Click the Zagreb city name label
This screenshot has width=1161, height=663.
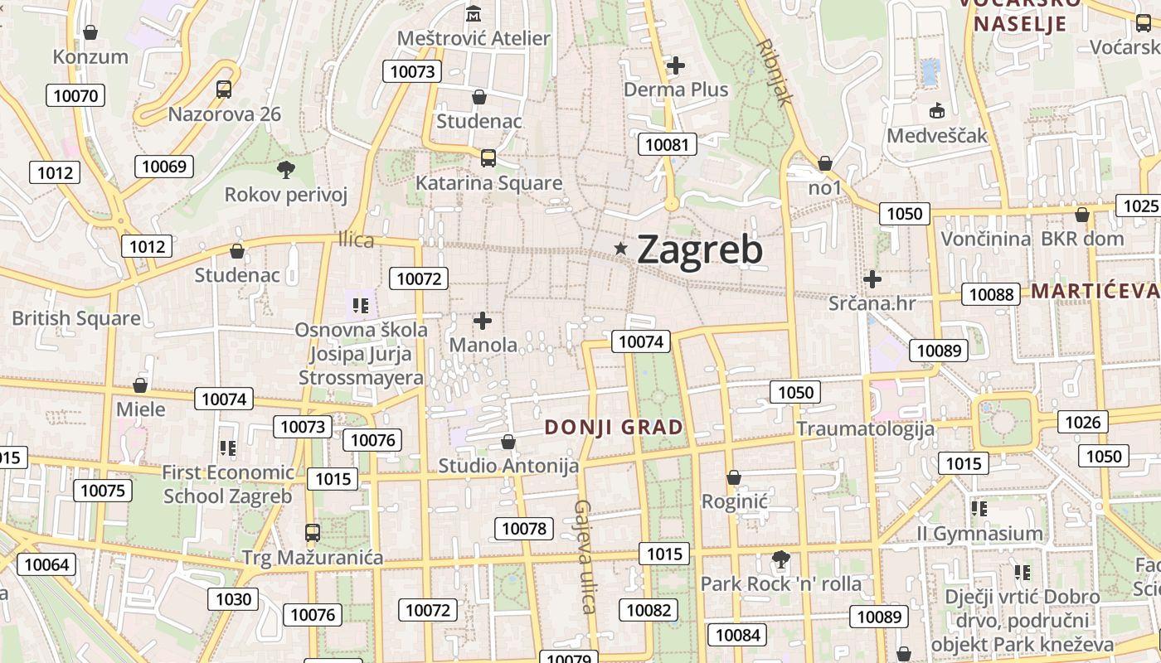pos(699,249)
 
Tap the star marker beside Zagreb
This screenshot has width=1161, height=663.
pos(620,248)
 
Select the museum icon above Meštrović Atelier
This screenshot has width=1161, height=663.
pos(474,14)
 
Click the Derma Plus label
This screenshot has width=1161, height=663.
pos(676,90)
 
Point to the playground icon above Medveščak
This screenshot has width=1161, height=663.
pos(937,110)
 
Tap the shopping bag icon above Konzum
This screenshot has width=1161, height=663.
pos(90,32)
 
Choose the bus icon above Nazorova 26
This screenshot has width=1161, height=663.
pos(224,90)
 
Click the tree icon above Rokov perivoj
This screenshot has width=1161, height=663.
pos(286,170)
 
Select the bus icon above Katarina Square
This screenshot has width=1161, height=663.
pos(488,157)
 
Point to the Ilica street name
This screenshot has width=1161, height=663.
pos(356,240)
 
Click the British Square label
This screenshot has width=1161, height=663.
pos(75,318)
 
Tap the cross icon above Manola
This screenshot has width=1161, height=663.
pos(483,320)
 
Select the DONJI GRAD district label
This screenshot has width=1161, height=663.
pos(614,428)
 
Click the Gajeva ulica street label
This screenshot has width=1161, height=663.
pos(585,556)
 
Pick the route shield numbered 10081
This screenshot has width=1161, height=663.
pos(667,145)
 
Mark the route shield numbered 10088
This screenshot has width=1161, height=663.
pos(991,294)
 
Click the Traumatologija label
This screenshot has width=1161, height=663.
pos(865,428)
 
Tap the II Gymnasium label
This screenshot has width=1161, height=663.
pos(979,534)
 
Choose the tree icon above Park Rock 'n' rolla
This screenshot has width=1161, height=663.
pos(780,559)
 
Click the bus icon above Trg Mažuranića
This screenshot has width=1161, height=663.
pos(313,532)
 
